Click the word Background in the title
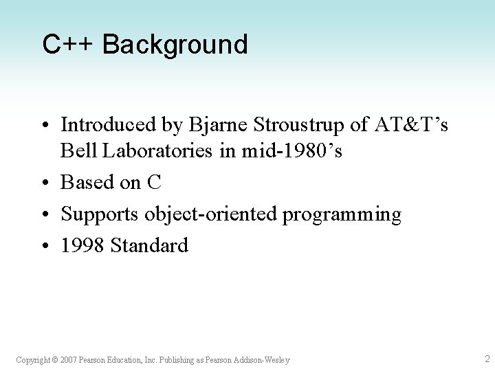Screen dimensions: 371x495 [175, 44]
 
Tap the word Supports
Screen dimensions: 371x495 [100, 214]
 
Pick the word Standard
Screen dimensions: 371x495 [149, 245]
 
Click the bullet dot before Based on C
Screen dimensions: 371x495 [45, 183]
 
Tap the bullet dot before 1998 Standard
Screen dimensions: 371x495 [45, 246]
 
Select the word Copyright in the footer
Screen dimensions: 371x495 [32, 360]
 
